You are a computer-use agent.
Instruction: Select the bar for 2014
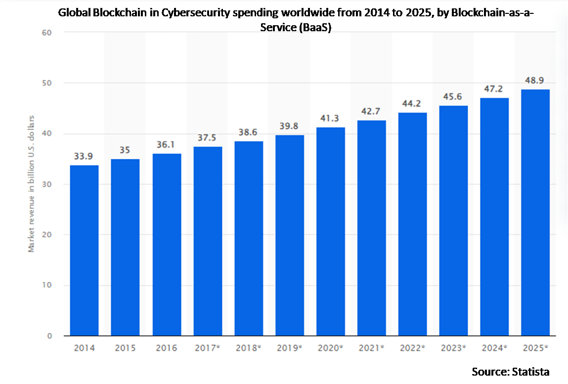pos(84,250)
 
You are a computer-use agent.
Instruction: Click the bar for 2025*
pos(535,213)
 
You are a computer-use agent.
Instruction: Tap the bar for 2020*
pos(331,232)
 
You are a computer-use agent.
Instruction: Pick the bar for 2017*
pos(208,241)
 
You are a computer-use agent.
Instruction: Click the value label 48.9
pos(535,81)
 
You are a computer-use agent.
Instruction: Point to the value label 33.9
pos(84,156)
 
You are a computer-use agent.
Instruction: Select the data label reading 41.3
pos(331,119)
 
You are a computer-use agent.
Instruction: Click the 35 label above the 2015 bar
pos(125,150)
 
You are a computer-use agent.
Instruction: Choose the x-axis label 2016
pos(167,348)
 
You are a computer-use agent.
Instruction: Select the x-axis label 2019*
pos(290,348)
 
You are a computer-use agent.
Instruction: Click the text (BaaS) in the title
pos(314,28)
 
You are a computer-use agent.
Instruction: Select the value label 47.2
pos(494,90)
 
